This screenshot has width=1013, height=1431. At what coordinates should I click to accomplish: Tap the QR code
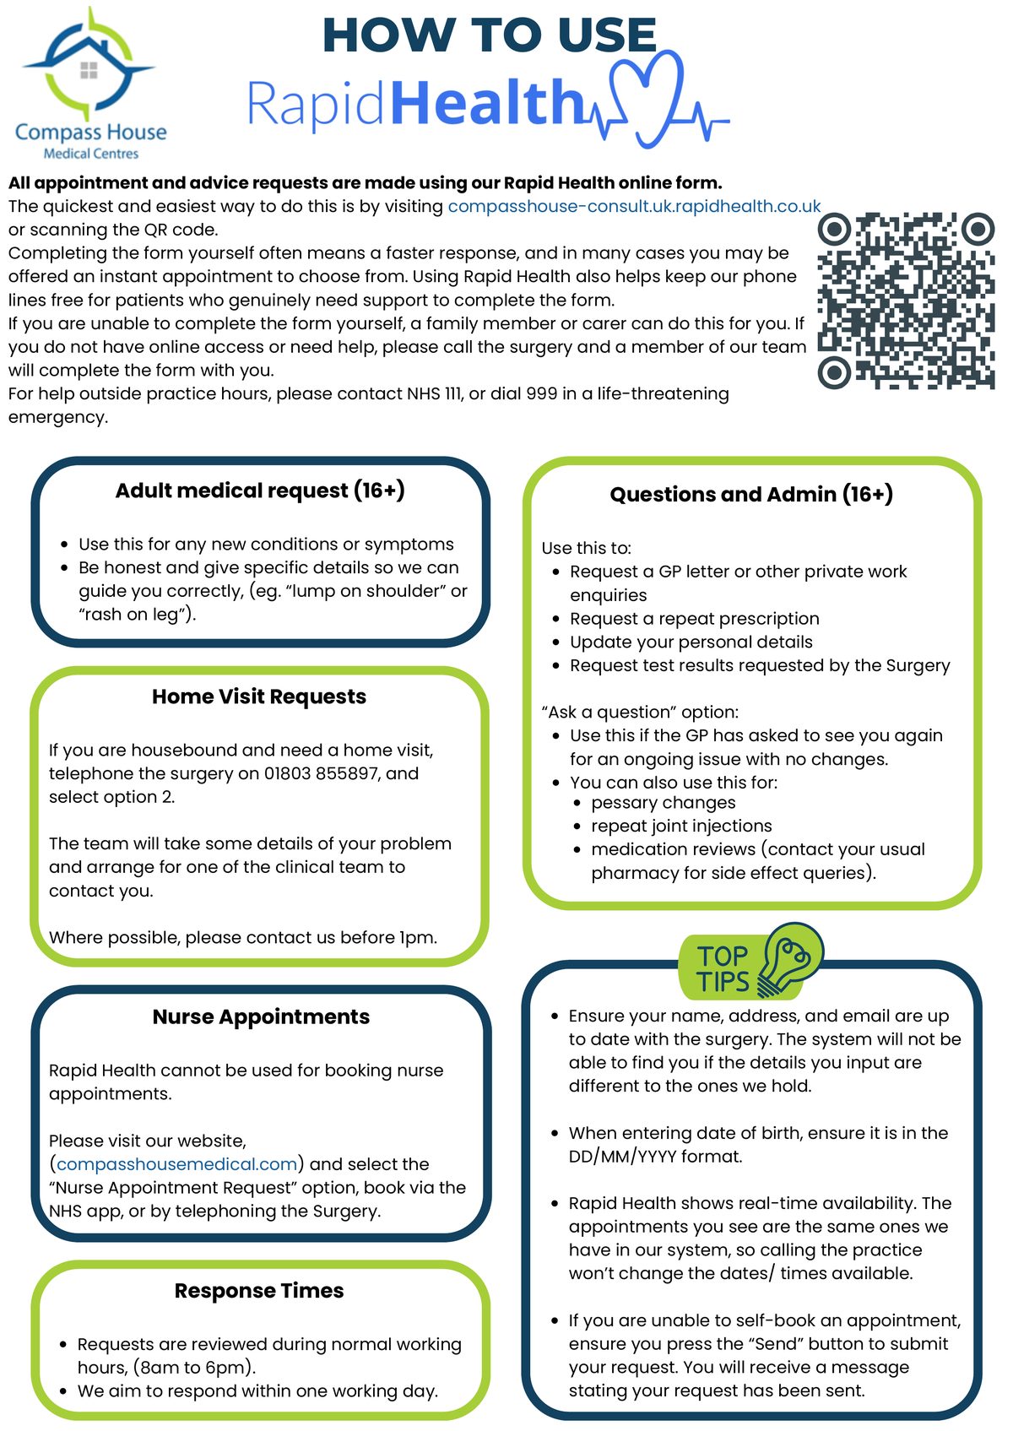pyautogui.click(x=906, y=301)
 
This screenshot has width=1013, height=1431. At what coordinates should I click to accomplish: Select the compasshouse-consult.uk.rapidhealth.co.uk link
pyautogui.click(x=633, y=206)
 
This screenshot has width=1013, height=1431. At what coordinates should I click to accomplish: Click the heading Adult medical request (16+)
pyautogui.click(x=260, y=491)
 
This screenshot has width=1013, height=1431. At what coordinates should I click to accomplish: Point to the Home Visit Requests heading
pyautogui.click(x=259, y=697)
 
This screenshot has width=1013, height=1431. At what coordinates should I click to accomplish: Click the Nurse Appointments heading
pyautogui.click(x=261, y=1016)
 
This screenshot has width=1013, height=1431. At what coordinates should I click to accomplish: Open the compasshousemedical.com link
pyautogui.click(x=176, y=1164)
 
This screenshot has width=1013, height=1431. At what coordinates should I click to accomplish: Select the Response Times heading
pyautogui.click(x=259, y=1291)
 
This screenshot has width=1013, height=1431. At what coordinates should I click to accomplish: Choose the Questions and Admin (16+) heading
pyautogui.click(x=751, y=494)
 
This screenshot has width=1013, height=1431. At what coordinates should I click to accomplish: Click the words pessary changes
pyautogui.click(x=663, y=802)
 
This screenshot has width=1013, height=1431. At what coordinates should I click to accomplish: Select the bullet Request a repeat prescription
pyautogui.click(x=694, y=619)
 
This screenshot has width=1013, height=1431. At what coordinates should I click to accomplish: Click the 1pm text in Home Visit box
pyautogui.click(x=418, y=937)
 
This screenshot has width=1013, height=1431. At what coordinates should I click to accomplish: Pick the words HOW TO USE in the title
pyautogui.click(x=490, y=35)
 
